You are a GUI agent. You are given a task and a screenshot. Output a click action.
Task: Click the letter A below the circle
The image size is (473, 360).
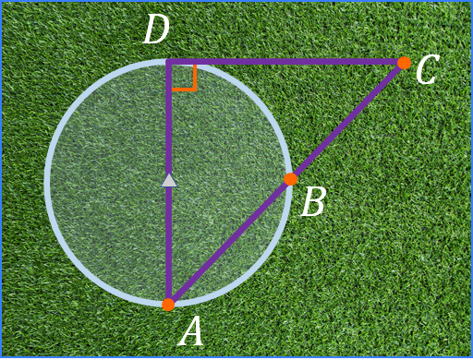tap(190, 331)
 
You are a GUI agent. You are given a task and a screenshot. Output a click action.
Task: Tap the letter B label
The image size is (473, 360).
tap(313, 202)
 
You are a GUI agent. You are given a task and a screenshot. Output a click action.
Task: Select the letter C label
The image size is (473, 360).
tap(426, 71)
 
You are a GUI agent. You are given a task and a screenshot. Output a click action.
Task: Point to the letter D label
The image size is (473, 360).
tap(156, 31)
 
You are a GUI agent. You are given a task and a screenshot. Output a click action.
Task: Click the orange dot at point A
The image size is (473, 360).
tap(168, 304)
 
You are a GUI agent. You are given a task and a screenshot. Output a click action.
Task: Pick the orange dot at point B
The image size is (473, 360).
tap(290, 179)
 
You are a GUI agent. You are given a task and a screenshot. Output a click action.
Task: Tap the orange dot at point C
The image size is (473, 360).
tap(404, 63)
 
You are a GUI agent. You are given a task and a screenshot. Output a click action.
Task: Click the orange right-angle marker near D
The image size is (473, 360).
tap(190, 83)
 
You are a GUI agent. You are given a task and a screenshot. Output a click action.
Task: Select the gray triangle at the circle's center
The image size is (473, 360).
tap(168, 181)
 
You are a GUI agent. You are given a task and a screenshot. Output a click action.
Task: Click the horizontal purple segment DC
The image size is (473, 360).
tap(286, 62)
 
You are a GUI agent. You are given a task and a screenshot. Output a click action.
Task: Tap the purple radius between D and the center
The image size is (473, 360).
tap(168, 120)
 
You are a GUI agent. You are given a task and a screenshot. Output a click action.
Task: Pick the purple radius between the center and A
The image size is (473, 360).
tap(168, 245)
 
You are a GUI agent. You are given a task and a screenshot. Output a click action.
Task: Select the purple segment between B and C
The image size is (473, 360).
tap(346, 121)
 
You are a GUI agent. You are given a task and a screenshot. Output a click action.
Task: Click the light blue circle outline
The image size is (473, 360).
tap(47, 182)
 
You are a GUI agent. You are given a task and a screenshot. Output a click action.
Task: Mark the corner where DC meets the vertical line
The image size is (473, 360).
tap(168, 62)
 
